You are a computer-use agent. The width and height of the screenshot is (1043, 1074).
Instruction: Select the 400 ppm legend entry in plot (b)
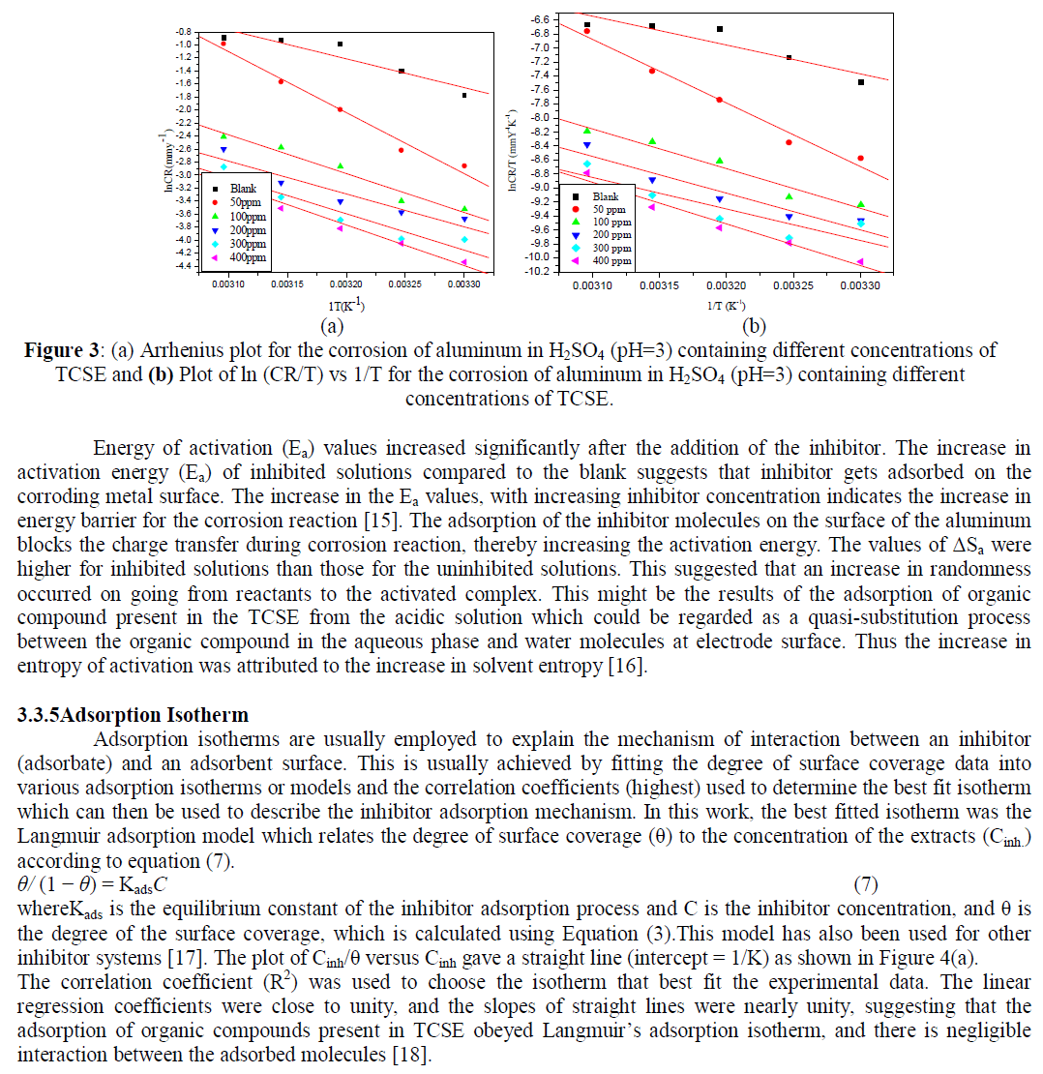click(x=612, y=261)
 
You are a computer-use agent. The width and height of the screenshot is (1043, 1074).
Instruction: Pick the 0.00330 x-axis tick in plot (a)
click(x=463, y=285)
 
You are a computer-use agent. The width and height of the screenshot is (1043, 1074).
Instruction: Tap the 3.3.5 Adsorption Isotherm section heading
click(x=133, y=716)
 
